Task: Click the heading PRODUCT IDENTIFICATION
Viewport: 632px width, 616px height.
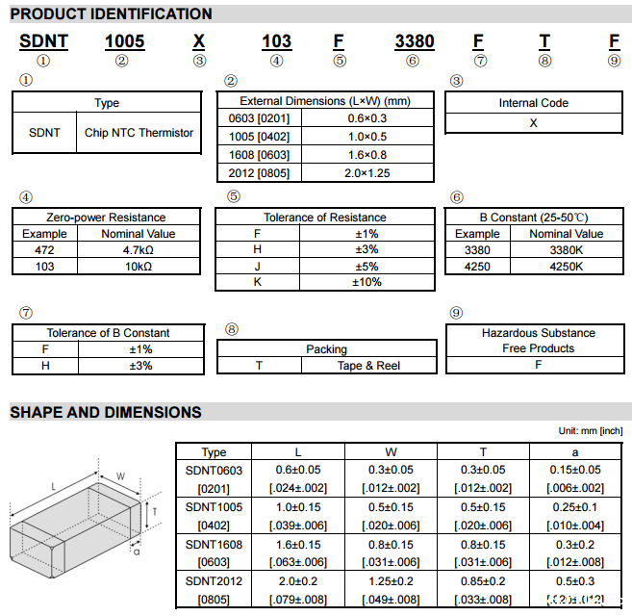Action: (112, 14)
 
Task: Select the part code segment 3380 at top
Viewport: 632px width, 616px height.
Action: (415, 42)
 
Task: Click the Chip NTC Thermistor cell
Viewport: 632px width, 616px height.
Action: (139, 133)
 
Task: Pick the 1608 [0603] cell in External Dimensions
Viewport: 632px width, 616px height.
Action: (253, 155)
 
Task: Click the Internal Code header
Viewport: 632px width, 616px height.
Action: (533, 103)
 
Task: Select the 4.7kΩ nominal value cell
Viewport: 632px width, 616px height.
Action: (139, 249)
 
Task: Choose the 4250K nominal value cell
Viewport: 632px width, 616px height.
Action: (566, 266)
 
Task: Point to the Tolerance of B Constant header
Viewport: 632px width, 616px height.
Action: (108, 333)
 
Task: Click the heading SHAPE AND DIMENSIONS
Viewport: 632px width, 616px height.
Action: (106, 413)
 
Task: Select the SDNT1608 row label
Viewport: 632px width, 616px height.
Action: (214, 544)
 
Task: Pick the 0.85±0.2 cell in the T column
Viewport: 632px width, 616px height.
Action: (483, 580)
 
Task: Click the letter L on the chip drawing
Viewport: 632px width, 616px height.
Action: (54, 487)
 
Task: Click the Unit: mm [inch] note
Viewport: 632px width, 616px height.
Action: (591, 431)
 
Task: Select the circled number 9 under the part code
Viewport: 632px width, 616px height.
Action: (615, 61)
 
